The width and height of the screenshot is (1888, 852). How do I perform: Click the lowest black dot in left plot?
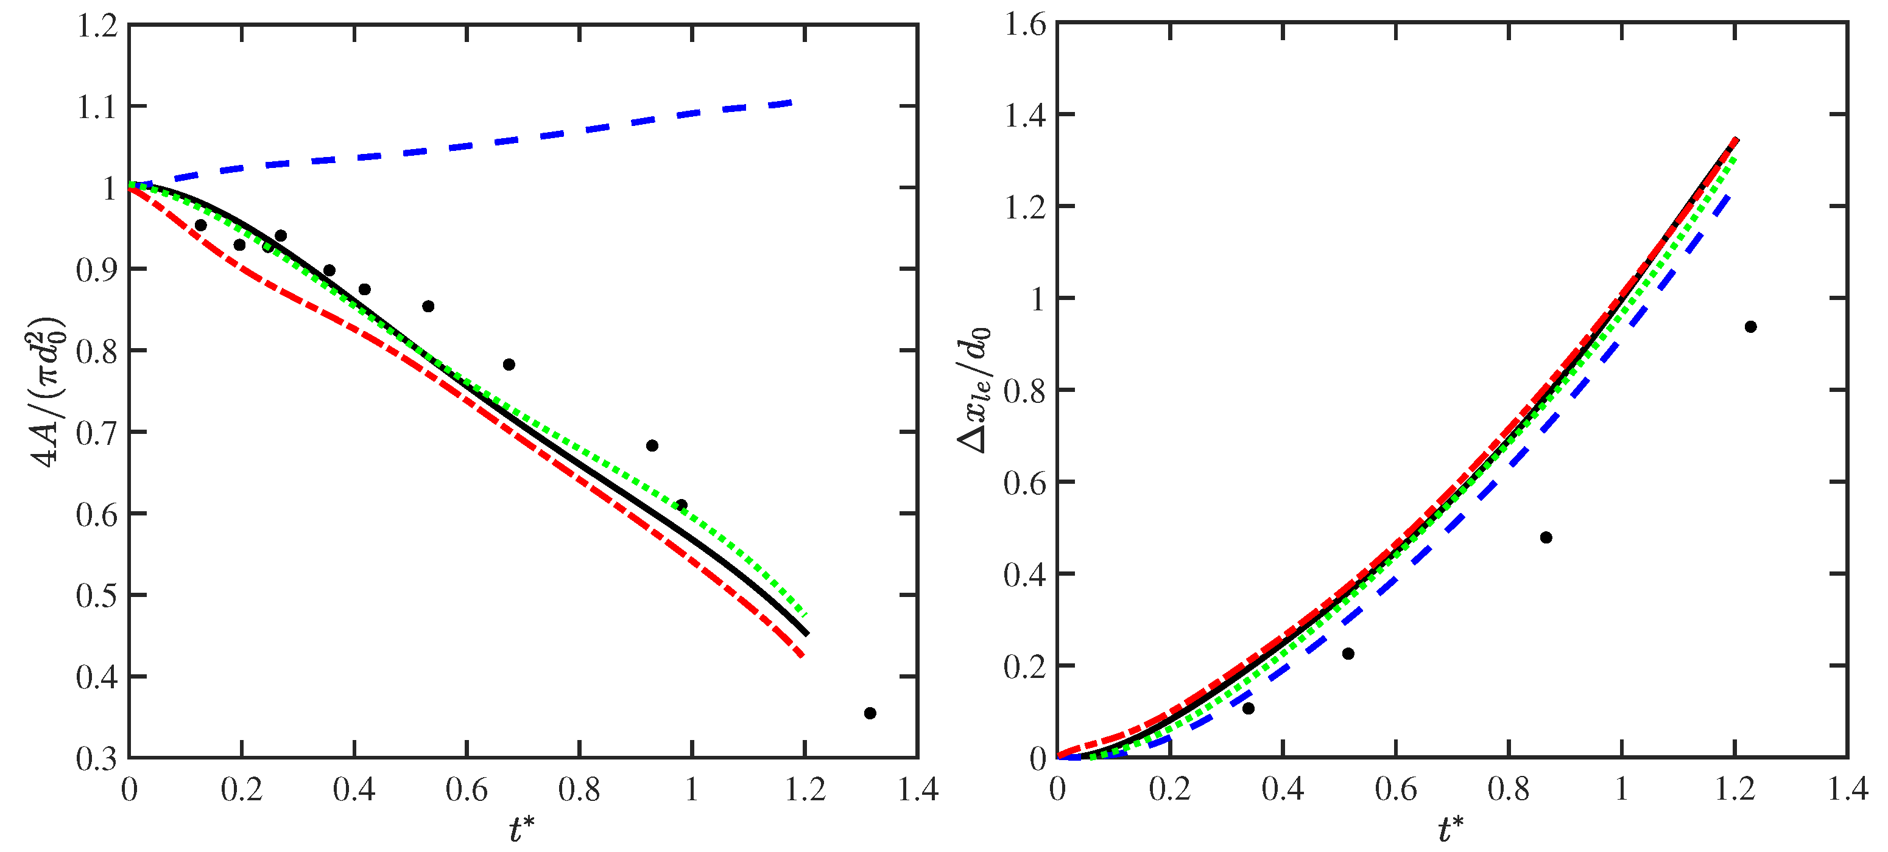[x=870, y=713]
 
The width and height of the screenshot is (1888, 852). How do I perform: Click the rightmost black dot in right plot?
[x=1750, y=327]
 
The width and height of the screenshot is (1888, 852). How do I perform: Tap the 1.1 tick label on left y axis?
[x=97, y=108]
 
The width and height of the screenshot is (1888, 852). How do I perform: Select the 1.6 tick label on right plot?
[x=1024, y=26]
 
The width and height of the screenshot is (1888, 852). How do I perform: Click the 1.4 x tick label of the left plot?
[x=918, y=790]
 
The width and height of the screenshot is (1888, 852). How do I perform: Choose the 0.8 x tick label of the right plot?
[x=1509, y=790]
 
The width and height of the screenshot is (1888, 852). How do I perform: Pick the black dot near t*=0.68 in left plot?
[x=509, y=365]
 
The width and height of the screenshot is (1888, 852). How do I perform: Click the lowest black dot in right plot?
[x=1248, y=708]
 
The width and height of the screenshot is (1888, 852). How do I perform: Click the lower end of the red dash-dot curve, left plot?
[x=803, y=655]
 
